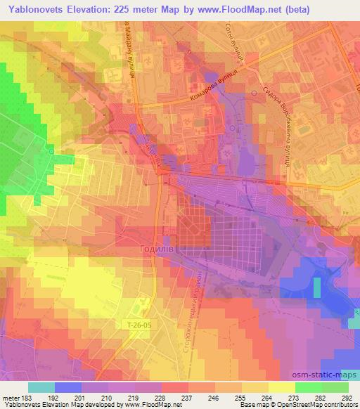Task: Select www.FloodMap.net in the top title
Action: tap(233, 10)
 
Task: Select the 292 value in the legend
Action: tap(346, 397)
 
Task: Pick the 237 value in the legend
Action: tap(188, 397)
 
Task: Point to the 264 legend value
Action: tap(266, 397)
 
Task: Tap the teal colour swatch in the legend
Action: tap(41, 387)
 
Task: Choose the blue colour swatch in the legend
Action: tap(68, 387)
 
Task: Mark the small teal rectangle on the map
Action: tap(316, 287)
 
